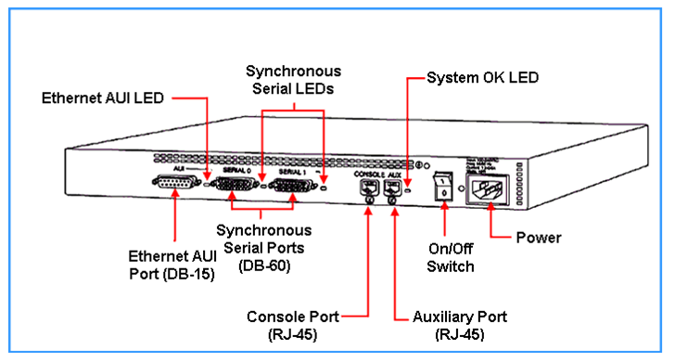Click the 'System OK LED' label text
(482, 78)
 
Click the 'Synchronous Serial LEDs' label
(293, 79)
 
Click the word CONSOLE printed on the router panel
(366, 173)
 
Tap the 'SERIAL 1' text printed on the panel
(291, 173)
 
